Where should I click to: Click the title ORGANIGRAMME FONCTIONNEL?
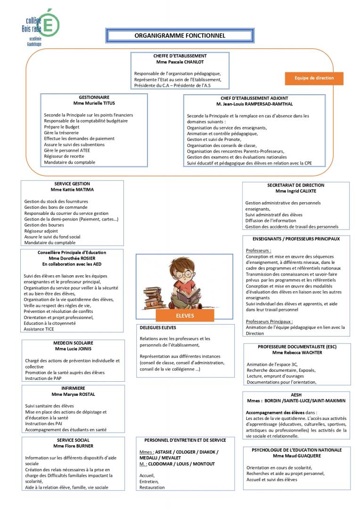[180, 35]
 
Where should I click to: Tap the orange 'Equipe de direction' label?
[314, 78]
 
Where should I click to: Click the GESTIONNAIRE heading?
[94, 97]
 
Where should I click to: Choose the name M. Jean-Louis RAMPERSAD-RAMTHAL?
[254, 104]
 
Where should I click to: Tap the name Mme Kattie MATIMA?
[72, 189]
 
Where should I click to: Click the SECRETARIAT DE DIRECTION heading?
[296, 185]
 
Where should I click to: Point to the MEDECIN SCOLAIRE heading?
[73, 343]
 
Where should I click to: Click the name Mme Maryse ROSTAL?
[73, 394]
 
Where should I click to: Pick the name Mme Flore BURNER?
[73, 446]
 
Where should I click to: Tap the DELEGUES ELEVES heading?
[158, 327]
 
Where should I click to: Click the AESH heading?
[296, 394]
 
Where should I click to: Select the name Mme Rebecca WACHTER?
[296, 353]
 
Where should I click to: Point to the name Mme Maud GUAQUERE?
[296, 456]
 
